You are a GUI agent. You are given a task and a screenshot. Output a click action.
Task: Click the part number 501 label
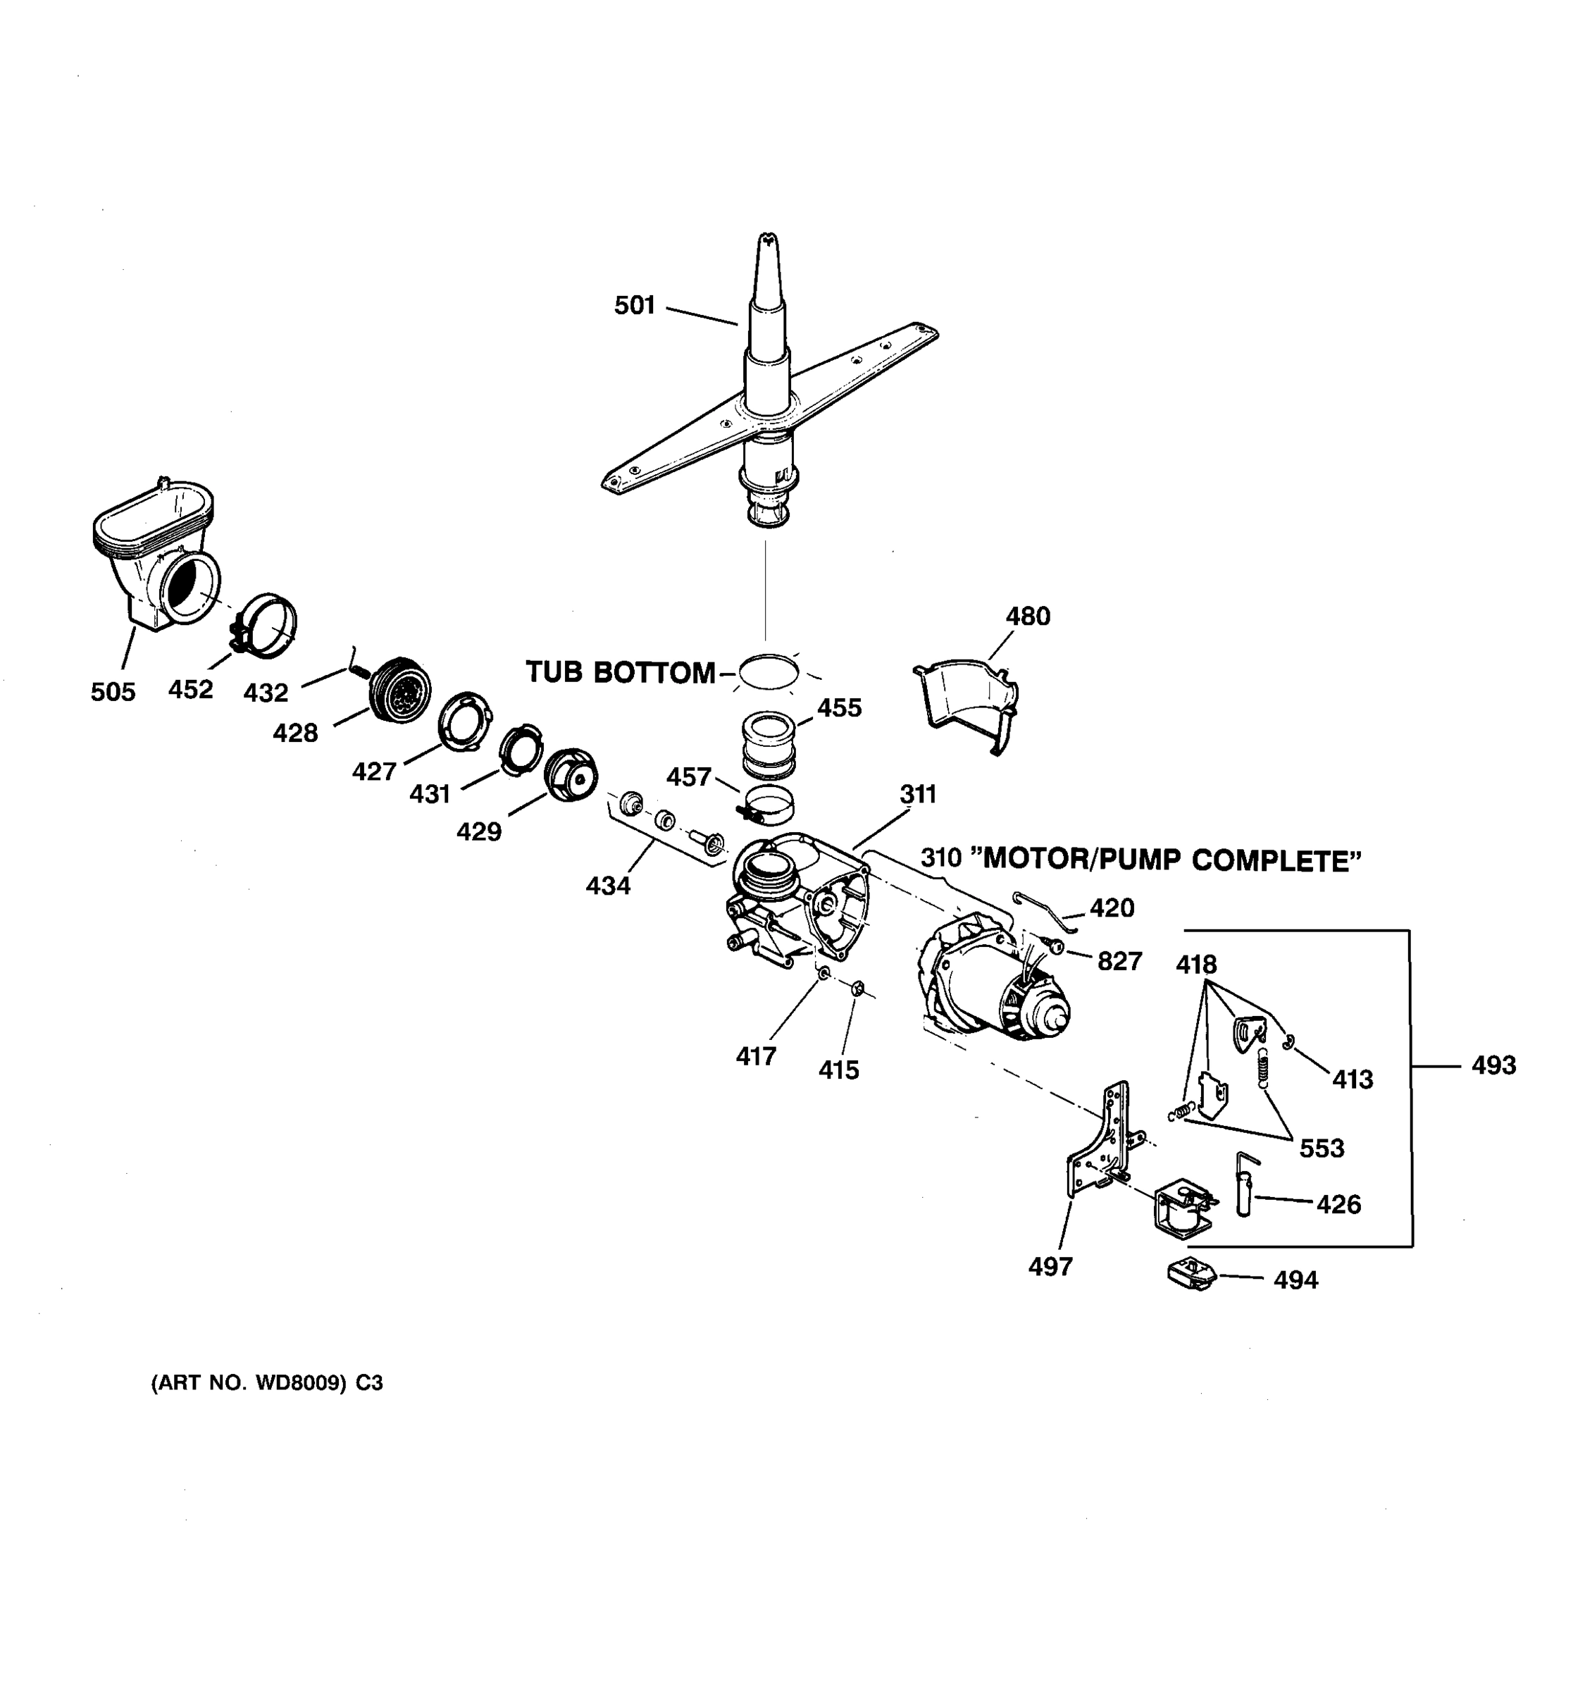634,304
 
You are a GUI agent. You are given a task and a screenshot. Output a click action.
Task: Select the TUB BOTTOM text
620,673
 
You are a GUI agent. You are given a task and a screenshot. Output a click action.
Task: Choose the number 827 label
1119,961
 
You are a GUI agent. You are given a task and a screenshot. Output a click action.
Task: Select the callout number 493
1493,1065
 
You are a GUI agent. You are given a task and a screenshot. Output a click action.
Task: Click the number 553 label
1322,1148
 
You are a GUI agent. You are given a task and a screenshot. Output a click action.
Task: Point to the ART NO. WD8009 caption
267,1383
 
